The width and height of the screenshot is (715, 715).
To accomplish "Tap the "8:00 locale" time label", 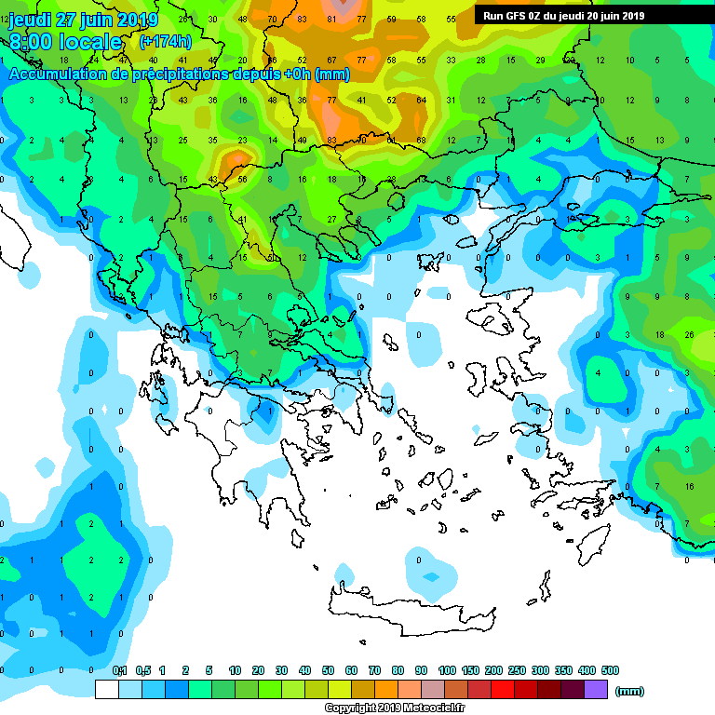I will click(x=65, y=42).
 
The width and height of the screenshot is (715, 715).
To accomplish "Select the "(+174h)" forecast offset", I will click(x=165, y=42).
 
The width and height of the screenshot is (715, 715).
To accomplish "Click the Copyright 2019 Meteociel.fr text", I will click(x=397, y=708).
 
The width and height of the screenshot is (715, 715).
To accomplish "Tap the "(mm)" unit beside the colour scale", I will click(x=630, y=691).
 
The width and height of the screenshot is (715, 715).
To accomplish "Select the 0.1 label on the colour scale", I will click(x=119, y=671).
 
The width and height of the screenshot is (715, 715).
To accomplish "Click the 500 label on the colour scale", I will click(x=609, y=671).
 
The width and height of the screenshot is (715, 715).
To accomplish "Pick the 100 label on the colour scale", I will click(x=446, y=671).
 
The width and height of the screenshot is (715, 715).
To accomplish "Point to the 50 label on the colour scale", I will click(x=328, y=671).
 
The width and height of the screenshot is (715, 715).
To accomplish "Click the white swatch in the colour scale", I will click(x=107, y=690).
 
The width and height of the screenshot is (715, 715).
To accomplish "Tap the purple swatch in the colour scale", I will click(x=596, y=690).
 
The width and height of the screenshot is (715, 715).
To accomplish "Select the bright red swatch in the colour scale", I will click(x=503, y=690).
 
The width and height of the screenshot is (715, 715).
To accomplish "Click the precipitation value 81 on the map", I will click(x=331, y=20).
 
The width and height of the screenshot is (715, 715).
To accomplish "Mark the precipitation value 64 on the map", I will click(x=421, y=100).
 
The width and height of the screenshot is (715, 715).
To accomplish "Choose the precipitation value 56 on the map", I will click(x=242, y=180).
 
